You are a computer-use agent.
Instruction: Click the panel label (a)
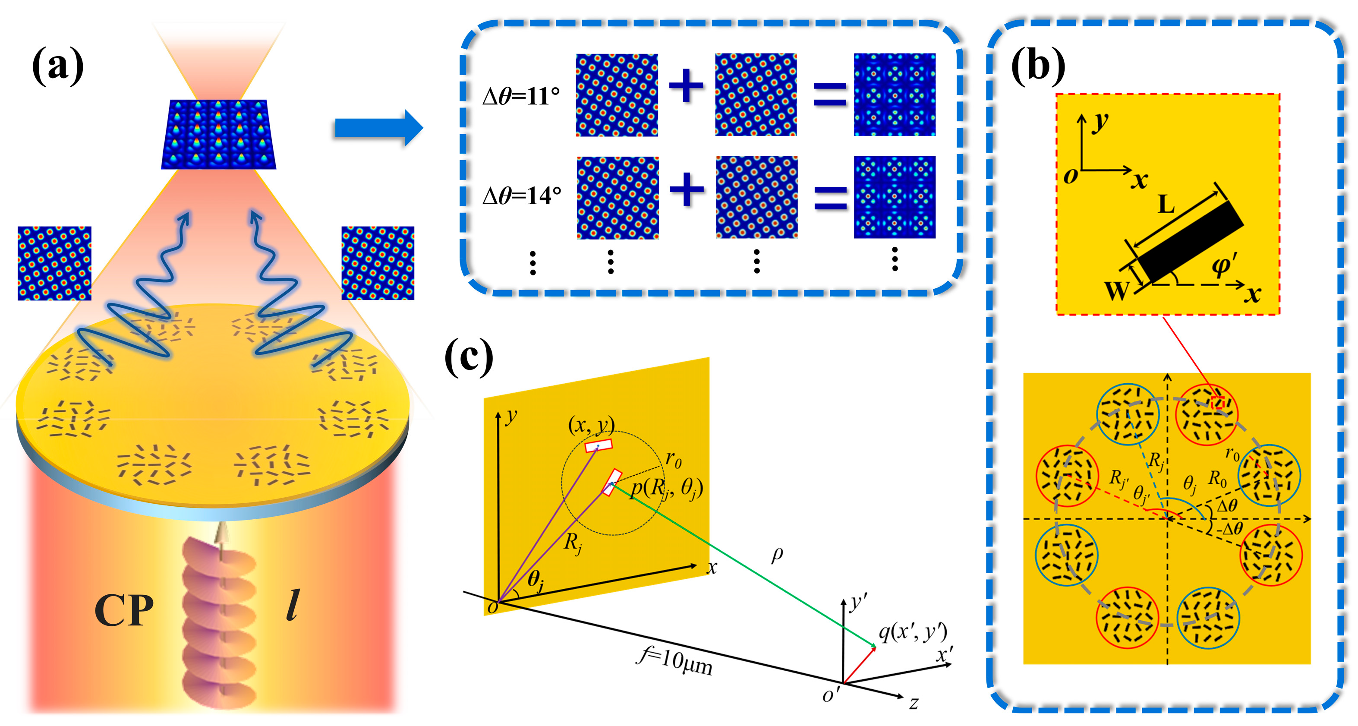[x=57, y=66]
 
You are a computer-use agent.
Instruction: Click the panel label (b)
[x=1037, y=66]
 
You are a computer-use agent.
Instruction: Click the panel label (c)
[x=469, y=357]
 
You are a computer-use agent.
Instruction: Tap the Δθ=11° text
[x=521, y=97]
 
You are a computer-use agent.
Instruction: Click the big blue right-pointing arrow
[x=378, y=128]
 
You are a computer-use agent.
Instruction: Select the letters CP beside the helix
[x=124, y=610]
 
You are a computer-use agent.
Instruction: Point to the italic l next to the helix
[x=292, y=605]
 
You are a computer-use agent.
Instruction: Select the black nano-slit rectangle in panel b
[x=1191, y=241]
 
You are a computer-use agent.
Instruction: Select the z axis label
[x=914, y=703]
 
